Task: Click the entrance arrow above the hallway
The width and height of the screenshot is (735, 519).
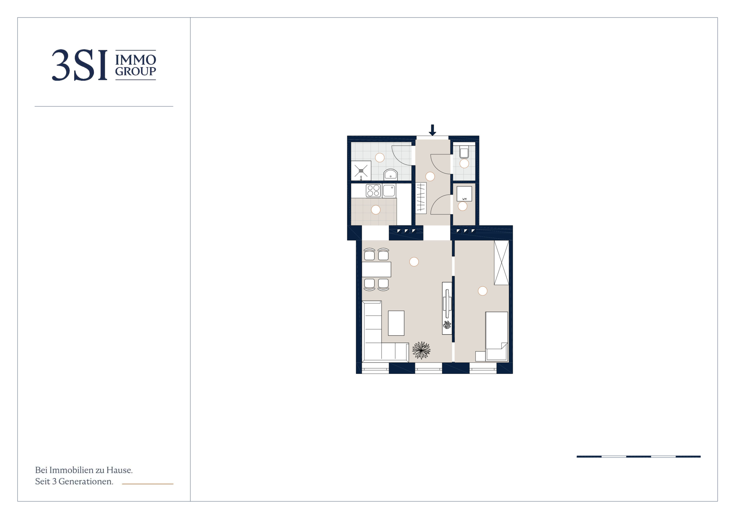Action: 433,130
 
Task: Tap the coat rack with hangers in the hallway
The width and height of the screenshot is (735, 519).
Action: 421,198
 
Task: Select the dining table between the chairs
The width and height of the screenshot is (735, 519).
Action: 377,269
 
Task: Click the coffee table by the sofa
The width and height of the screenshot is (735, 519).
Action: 396,323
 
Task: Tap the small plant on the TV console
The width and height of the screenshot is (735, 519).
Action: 447,325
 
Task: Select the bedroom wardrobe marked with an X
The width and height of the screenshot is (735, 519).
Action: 501,263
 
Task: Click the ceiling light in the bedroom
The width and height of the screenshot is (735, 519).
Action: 482,291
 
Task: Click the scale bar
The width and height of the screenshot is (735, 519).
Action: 639,457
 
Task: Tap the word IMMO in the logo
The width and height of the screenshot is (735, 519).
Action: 136,60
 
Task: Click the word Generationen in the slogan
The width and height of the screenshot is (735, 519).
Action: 86,481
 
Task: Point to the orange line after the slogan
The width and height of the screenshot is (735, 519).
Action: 147,484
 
